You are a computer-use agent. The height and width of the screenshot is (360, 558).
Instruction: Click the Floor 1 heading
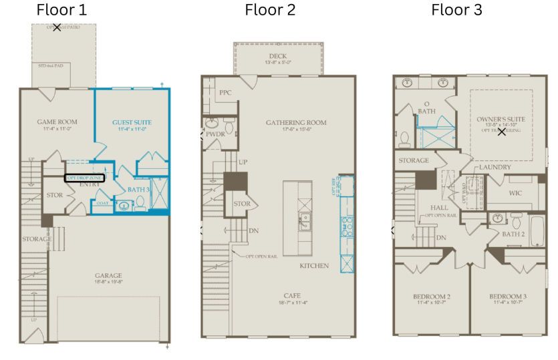pos(61,10)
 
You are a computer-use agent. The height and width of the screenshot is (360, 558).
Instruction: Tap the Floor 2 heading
pos(270,10)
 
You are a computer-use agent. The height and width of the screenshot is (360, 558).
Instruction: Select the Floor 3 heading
pos(456,10)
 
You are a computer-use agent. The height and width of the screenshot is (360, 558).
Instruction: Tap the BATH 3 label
pos(139,190)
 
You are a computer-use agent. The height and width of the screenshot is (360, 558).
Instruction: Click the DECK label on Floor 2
pos(277,56)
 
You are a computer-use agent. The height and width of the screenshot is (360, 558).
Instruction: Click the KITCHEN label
pos(314,266)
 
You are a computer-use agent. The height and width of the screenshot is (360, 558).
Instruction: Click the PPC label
pos(225,93)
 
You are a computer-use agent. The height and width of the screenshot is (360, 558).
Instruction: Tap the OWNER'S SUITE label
pos(501,119)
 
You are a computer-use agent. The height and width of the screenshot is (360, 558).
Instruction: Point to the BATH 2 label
pos(515,234)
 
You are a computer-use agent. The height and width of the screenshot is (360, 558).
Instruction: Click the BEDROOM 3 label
pos(507,296)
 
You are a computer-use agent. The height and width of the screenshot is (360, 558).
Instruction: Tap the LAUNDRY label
pos(495,166)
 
